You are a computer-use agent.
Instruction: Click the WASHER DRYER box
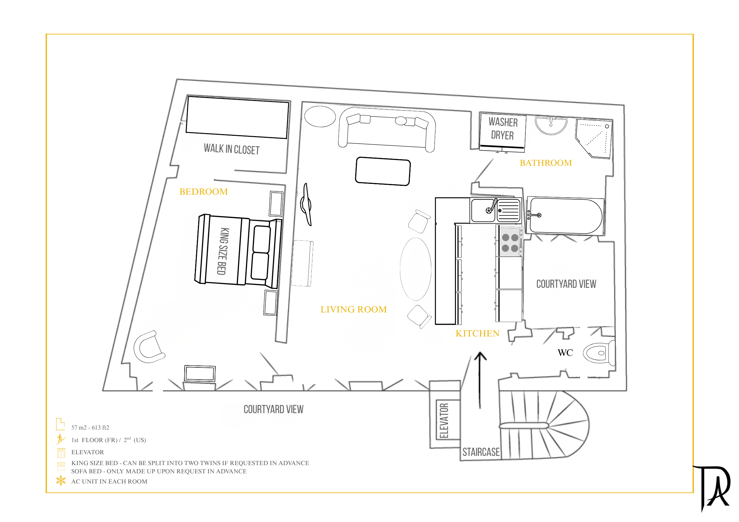502,131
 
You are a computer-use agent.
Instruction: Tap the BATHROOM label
545,163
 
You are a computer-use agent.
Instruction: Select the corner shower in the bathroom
594,138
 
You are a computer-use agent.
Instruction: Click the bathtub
566,216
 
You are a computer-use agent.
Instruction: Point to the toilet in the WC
599,353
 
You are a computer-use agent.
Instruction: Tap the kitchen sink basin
483,211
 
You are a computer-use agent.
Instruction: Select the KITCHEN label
477,334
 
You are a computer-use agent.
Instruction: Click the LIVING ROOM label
354,310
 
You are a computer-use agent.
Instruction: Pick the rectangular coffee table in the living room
383,171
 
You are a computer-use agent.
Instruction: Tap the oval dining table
416,269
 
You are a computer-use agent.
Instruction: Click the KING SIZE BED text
223,251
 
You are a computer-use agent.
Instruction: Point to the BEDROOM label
203,192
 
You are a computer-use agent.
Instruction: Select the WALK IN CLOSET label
232,149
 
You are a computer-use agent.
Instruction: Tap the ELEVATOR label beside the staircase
444,421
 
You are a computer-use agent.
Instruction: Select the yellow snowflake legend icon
61,481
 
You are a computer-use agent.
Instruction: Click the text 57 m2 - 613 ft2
90,428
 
